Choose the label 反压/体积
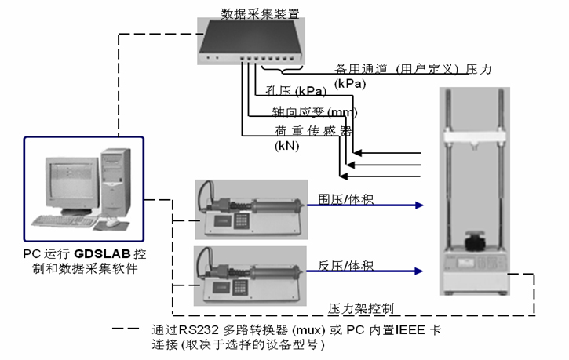[345, 265]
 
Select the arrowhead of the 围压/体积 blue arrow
[421, 205]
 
